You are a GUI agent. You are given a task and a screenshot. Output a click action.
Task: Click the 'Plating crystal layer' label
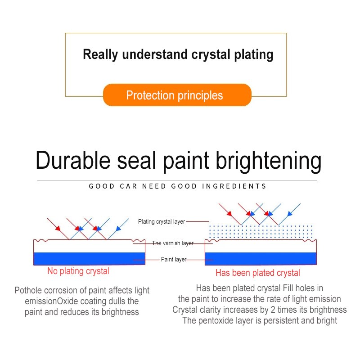click(x=161, y=221)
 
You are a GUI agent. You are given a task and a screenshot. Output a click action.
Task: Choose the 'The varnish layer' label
click(x=172, y=243)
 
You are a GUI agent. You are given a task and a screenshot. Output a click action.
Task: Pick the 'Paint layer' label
click(x=174, y=259)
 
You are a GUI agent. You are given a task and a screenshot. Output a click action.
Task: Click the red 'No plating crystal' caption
click(x=78, y=271)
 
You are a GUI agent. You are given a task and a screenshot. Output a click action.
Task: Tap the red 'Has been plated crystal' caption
click(x=257, y=273)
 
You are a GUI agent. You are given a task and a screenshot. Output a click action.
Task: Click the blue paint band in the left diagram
click(x=89, y=258)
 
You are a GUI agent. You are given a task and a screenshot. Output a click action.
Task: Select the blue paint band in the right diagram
click(x=260, y=258)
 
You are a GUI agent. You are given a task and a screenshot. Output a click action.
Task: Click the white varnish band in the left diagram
click(x=89, y=247)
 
